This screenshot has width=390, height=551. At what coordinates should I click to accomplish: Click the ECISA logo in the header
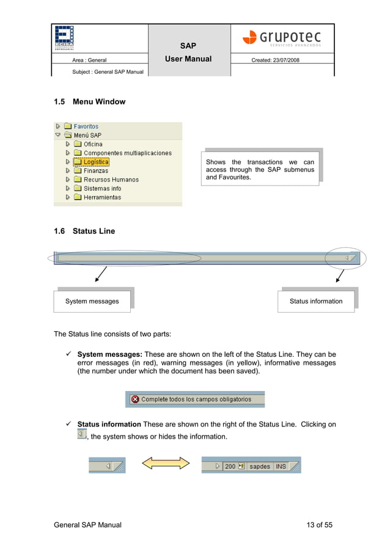pyautogui.click(x=64, y=37)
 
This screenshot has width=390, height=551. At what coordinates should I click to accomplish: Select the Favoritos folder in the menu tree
pyautogui.click(x=86, y=126)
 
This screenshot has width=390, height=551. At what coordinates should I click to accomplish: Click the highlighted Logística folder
pyautogui.click(x=95, y=162)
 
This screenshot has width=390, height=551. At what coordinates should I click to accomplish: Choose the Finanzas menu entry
pyautogui.click(x=95, y=171)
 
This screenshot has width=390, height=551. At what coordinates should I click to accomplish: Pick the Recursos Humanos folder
pyautogui.click(x=111, y=180)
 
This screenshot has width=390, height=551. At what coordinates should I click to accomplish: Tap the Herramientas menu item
pyautogui.click(x=102, y=197)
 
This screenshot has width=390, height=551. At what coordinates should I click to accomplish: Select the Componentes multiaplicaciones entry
pyautogui.click(x=127, y=153)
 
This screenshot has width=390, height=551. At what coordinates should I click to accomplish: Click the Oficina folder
pyautogui.click(x=93, y=144)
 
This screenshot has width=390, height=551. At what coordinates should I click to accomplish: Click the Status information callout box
pyautogui.click(x=316, y=301)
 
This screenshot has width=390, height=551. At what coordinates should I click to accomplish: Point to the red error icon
pyautogui.click(x=134, y=400)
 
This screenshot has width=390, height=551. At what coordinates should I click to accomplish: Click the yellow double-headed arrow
pyautogui.click(x=166, y=465)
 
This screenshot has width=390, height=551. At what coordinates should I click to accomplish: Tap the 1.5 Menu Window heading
pyautogui.click(x=89, y=102)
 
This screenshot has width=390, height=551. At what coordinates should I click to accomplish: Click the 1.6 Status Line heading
pyautogui.click(x=84, y=231)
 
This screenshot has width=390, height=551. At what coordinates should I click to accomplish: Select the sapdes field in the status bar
pyautogui.click(x=260, y=466)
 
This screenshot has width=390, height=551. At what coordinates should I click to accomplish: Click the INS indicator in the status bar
pyautogui.click(x=281, y=466)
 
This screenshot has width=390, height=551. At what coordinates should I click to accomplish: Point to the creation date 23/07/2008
pyautogui.click(x=276, y=60)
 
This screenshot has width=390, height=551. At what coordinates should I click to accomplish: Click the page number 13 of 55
pyautogui.click(x=319, y=525)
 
